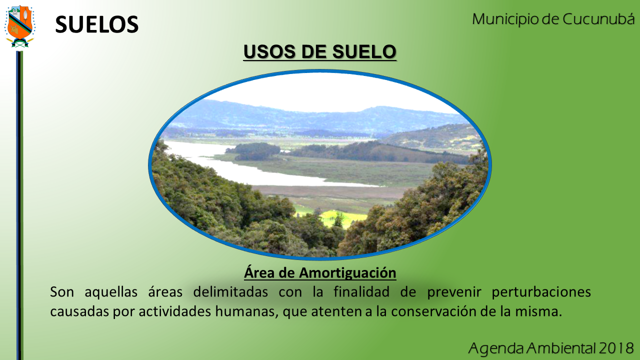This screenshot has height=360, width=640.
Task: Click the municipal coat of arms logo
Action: [19, 26]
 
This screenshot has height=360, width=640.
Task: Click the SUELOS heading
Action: [97, 24]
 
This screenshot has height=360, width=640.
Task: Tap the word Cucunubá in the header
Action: [598, 19]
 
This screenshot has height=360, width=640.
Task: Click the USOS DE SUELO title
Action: [319, 51]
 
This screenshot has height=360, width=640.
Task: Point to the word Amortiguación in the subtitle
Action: [347, 273]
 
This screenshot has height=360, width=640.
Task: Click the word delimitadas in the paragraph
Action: [230, 292]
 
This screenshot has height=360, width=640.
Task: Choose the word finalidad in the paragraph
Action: [361, 292]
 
